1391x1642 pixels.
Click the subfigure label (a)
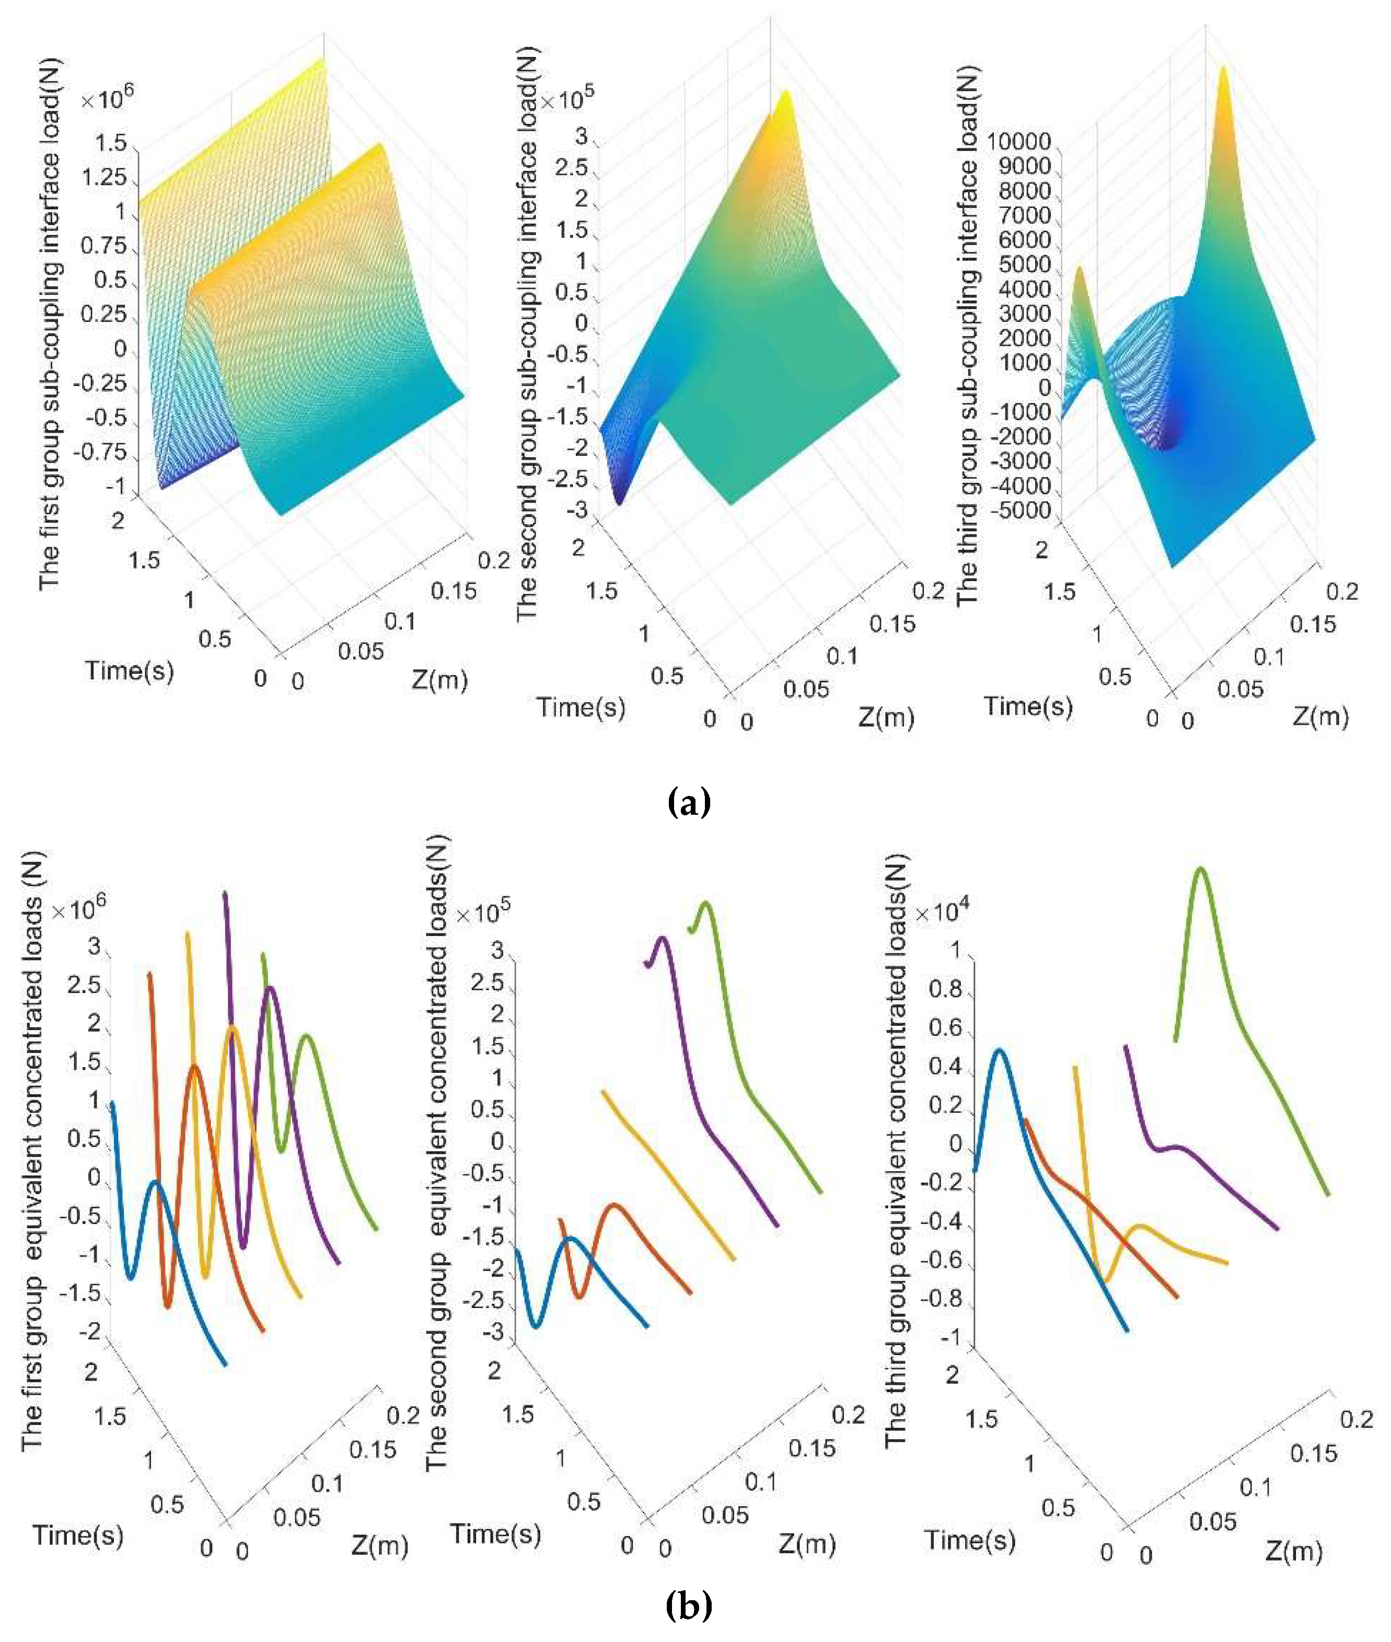(688, 803)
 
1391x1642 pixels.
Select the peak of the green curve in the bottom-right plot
(1201, 871)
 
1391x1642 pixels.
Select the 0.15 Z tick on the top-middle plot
(892, 624)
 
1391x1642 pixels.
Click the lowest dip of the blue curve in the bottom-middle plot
(536, 1326)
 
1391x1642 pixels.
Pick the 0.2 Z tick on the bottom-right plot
(1357, 1419)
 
